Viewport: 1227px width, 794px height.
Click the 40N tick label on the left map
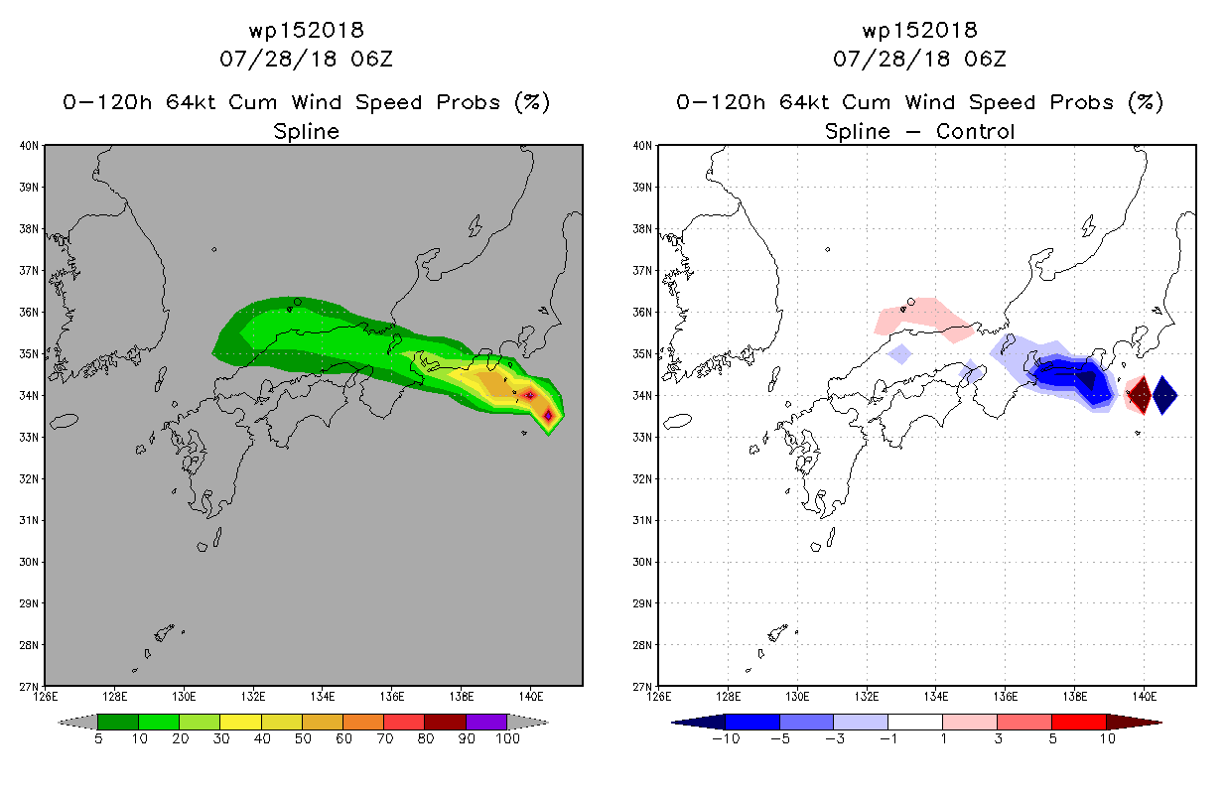29,146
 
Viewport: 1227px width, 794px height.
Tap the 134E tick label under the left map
322,697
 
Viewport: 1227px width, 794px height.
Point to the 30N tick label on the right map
642,562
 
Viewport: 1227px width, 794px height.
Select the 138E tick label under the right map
1075,697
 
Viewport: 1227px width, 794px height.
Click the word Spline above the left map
306,132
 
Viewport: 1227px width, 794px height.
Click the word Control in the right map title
976,132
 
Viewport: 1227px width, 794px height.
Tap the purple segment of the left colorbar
486,722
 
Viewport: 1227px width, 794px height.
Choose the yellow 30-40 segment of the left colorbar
240,722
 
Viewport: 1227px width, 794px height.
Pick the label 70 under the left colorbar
384,738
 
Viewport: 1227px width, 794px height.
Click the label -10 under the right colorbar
726,738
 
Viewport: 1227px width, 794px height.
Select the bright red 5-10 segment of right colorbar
1079,722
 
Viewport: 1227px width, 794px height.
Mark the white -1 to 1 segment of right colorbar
915,722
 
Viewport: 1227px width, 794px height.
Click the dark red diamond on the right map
1141,394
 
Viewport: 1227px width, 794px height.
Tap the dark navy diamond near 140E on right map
1164,395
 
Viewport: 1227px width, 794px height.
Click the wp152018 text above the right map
919,30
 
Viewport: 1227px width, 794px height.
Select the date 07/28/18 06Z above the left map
306,60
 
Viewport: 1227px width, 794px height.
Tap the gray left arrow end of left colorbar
77,722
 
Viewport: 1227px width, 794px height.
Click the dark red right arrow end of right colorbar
1134,722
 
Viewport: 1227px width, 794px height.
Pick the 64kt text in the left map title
191,102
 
